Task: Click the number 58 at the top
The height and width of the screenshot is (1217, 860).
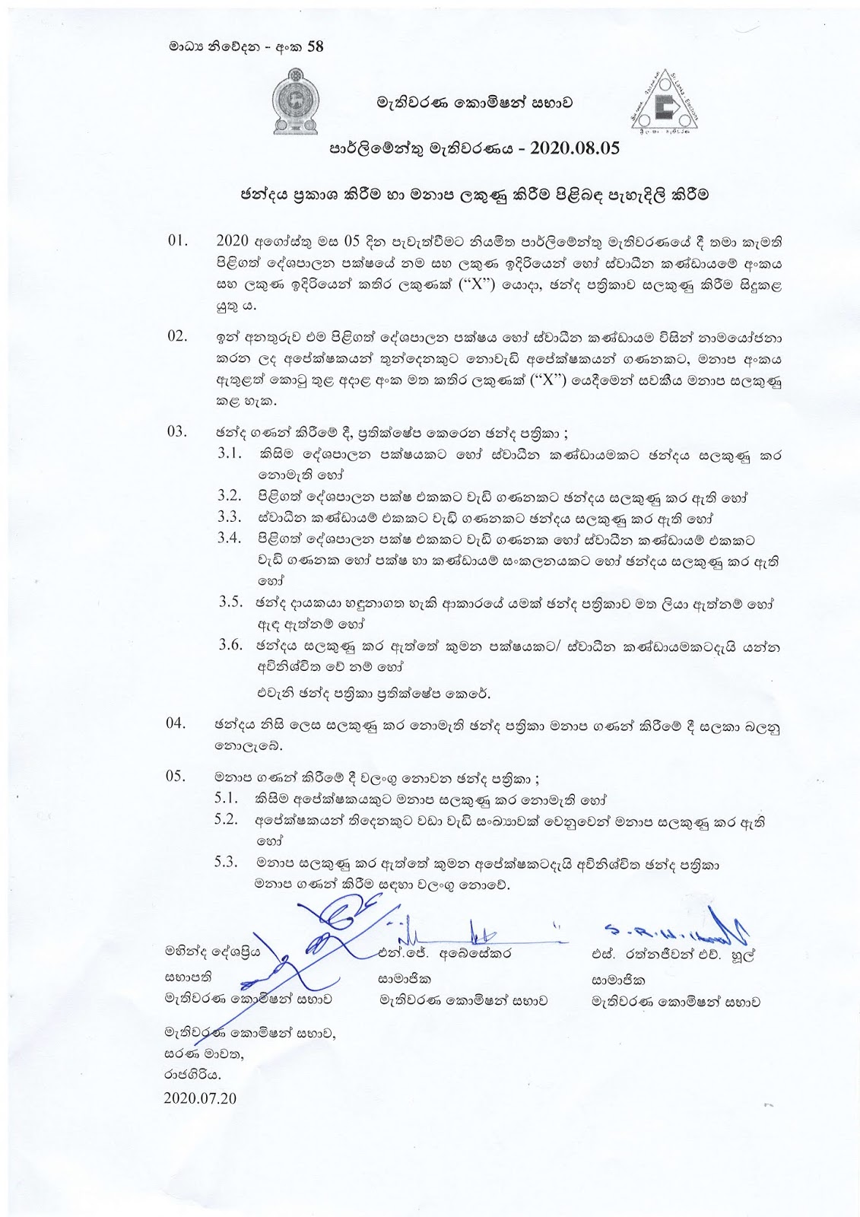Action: [313, 46]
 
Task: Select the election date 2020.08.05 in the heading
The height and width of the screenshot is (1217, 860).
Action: [565, 149]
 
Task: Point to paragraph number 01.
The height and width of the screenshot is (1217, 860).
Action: [176, 242]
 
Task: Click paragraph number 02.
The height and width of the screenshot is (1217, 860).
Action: [176, 336]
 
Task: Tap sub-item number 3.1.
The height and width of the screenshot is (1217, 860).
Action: [229, 454]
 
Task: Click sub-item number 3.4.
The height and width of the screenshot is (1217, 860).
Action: [229, 538]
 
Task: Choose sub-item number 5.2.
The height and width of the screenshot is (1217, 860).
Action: [227, 820]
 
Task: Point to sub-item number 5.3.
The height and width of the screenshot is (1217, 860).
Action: [227, 863]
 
